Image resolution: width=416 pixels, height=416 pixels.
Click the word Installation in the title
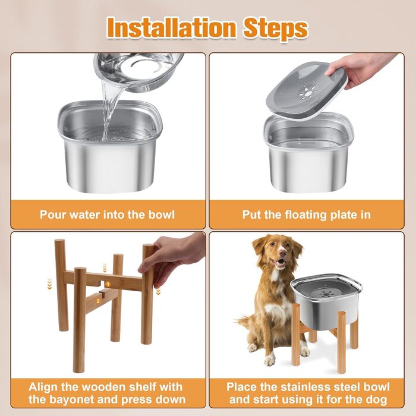pyautogui.click(x=172, y=27)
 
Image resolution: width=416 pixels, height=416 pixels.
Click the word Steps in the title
pyautogui.click(x=276, y=29)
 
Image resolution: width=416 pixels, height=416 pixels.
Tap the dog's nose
pyautogui.click(x=283, y=254)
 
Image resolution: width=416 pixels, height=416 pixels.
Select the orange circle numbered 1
pyautogui.click(x=108, y=285)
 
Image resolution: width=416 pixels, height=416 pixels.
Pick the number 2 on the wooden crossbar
pyautogui.click(x=98, y=301)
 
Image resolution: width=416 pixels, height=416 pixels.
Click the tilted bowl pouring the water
pyautogui.click(x=138, y=72)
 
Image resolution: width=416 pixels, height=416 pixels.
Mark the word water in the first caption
pyautogui.click(x=84, y=215)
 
